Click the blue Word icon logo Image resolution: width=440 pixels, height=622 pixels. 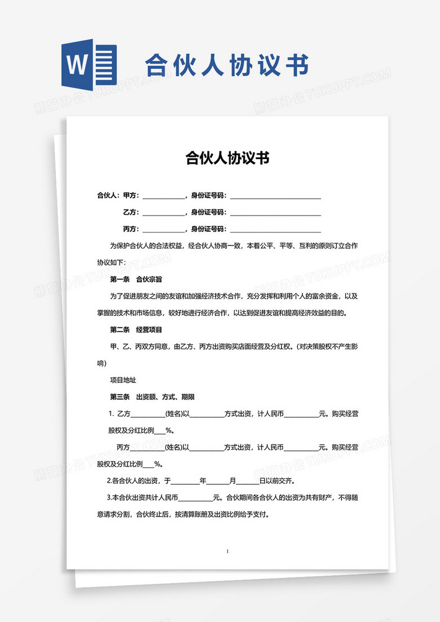pyautogui.click(x=89, y=65)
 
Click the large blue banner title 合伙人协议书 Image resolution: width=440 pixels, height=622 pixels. pyautogui.click(x=227, y=65)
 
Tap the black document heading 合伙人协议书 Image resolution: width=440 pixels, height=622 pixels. pyautogui.click(x=227, y=158)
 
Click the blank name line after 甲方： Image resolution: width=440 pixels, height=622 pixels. pyautogui.click(x=163, y=196)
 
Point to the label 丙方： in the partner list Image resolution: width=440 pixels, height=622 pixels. pyautogui.click(x=131, y=229)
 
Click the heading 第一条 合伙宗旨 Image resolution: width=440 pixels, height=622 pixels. pyautogui.click(x=136, y=279)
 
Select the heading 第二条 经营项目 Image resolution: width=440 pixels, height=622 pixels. pyautogui.click(x=136, y=330)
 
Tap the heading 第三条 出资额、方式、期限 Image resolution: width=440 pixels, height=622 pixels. pyautogui.click(x=152, y=397)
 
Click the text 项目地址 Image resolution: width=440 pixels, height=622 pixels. pyautogui.click(x=123, y=380)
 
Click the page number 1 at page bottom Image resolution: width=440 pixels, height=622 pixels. pyautogui.click(x=227, y=550)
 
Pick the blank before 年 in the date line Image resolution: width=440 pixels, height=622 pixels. pyautogui.click(x=184, y=481)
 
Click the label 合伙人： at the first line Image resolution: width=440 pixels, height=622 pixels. pyautogui.click(x=108, y=196)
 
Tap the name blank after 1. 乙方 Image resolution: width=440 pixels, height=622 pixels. pyautogui.click(x=147, y=414)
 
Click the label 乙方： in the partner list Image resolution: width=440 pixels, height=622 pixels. pyautogui.click(x=131, y=213)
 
